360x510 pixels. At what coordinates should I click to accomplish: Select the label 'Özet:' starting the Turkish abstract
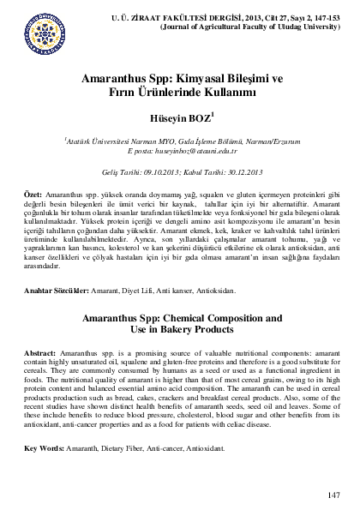pyautogui.click(x=35, y=196)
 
